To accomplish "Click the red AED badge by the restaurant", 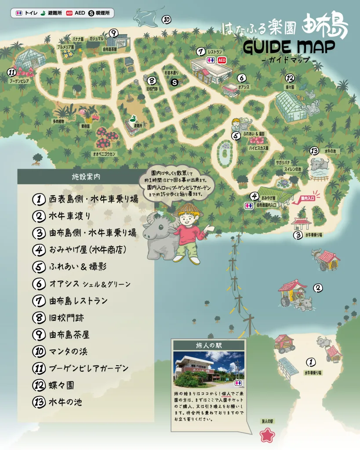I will pyautogui.click(x=222, y=60).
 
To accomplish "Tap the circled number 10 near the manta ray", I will pyautogui.click(x=166, y=19).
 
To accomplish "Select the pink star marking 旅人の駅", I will pyautogui.click(x=267, y=435).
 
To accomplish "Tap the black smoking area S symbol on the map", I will pyautogui.click(x=175, y=82).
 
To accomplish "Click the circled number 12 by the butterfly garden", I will pyautogui.click(x=289, y=78).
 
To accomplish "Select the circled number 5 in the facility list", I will pyautogui.click(x=39, y=267).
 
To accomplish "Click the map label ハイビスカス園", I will pyautogui.click(x=258, y=148).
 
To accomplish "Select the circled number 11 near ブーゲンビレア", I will pyautogui.click(x=12, y=73).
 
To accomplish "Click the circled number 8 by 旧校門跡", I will pyautogui.click(x=152, y=80).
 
